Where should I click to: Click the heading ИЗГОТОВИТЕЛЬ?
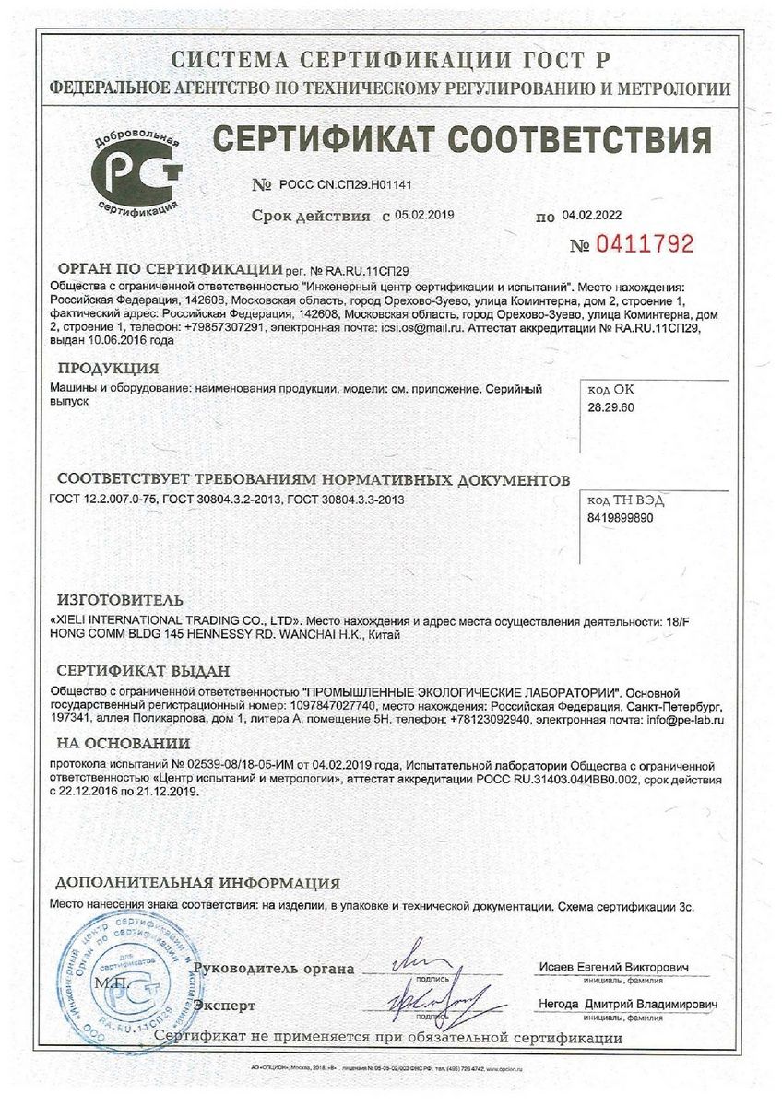click(113, 600)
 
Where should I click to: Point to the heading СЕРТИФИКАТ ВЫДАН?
click(143, 671)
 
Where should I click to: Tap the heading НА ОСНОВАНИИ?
click(124, 743)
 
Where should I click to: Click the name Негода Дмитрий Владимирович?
click(625, 1004)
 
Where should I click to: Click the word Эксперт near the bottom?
click(224, 1006)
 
